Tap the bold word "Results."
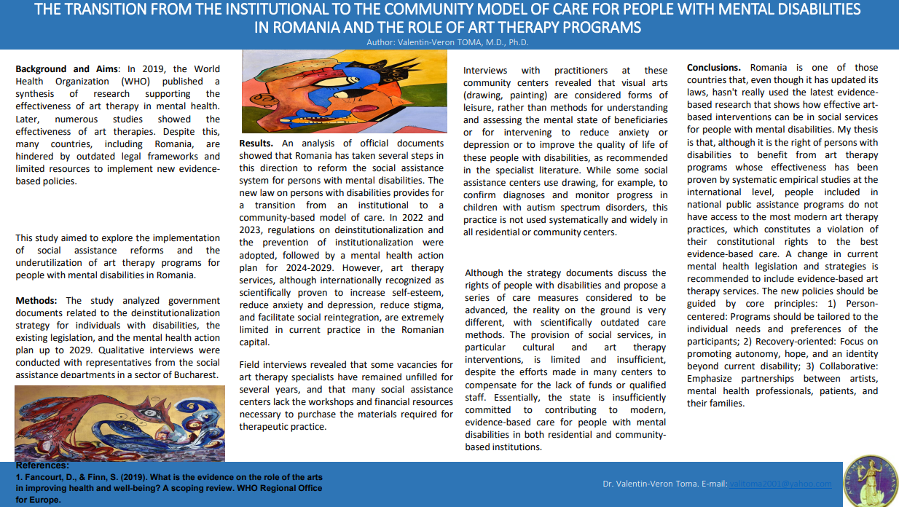pyautogui.click(x=256, y=143)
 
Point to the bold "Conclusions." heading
pyautogui.click(x=714, y=68)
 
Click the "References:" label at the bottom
pyautogui.click(x=42, y=465)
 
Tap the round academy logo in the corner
pyautogui.click(x=871, y=482)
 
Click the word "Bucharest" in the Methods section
pyautogui.click(x=193, y=374)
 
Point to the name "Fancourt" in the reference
pyautogui.click(x=44, y=477)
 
